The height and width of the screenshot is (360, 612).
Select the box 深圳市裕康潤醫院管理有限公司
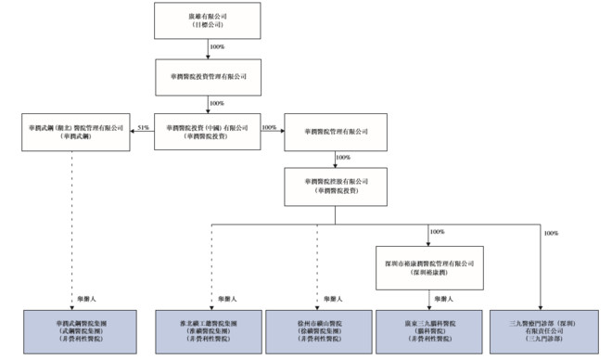[430, 264]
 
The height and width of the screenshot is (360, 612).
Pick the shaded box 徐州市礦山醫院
[316, 330]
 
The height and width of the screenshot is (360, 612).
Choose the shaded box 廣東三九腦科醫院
[430, 330]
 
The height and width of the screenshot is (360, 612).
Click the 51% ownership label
[143, 127]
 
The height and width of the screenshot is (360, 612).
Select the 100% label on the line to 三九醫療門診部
[552, 233]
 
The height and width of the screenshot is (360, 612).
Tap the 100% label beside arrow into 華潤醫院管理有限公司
[270, 127]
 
